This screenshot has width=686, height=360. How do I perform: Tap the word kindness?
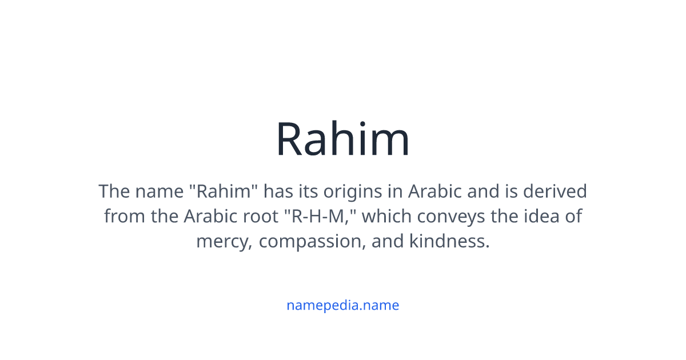pos(450,241)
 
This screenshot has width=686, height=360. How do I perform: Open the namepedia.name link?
pos(342,305)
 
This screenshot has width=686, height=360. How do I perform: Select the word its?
pos(302,191)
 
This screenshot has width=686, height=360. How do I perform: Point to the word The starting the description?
pos(114,191)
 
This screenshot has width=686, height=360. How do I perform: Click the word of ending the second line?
pos(573,216)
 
